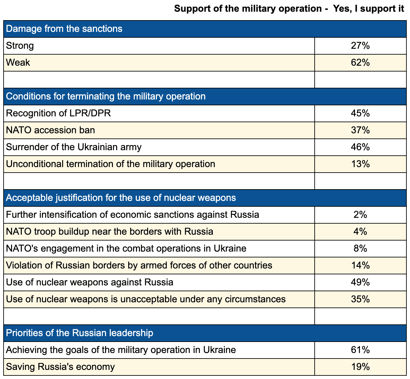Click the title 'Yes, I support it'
click(368, 9)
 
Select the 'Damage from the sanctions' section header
click(64, 29)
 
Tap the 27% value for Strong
click(360, 46)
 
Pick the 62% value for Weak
click(360, 62)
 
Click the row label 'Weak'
click(18, 62)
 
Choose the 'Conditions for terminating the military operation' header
click(106, 96)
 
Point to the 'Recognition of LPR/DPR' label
click(59, 113)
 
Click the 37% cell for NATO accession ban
click(360, 130)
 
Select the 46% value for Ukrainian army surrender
click(360, 147)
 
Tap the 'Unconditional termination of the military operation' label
click(110, 164)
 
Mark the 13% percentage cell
click(360, 164)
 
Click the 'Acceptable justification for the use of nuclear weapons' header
click(121, 198)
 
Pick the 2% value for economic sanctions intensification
click(360, 215)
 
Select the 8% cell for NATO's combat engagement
click(360, 249)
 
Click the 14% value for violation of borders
click(360, 266)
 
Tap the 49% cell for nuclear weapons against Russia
click(360, 282)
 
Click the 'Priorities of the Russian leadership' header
click(79, 333)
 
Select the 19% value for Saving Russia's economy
click(360, 367)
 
